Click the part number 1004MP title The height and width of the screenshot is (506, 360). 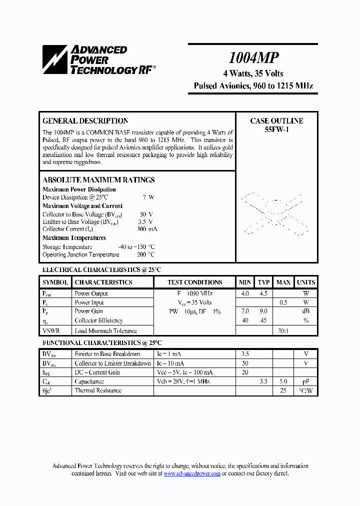(x=253, y=58)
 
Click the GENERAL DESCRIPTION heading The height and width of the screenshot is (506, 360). (x=85, y=121)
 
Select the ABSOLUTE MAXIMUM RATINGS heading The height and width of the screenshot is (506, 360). (x=98, y=180)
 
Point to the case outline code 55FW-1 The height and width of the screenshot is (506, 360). (x=276, y=129)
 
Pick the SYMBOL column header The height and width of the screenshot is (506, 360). (x=55, y=282)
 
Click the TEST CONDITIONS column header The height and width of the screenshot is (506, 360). (x=194, y=282)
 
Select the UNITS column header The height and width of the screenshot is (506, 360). (x=305, y=282)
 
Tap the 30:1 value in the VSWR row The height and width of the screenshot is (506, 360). (x=283, y=331)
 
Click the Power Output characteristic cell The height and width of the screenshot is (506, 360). (x=91, y=294)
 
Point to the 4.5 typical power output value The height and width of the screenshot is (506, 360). (x=263, y=294)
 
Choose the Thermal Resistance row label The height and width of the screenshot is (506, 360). (x=98, y=390)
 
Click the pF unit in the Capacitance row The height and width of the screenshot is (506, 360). (x=305, y=381)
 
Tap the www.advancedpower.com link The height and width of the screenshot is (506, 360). (x=192, y=473)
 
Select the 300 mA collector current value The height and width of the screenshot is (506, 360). (x=146, y=229)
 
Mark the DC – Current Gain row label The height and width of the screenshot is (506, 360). (x=97, y=372)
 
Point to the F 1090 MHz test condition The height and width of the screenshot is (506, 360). (x=194, y=294)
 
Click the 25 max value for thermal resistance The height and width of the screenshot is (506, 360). (x=283, y=390)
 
